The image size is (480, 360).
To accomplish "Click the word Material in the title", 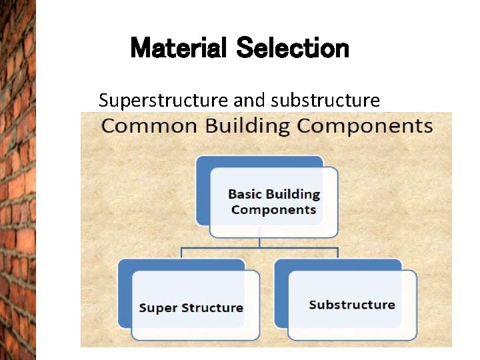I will [x=179, y=49].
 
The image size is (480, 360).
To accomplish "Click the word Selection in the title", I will [x=293, y=49].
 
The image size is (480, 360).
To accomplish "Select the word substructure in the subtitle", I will [x=326, y=101].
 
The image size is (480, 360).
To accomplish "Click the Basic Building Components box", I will [x=273, y=202].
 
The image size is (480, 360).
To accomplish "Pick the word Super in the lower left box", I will [x=157, y=308].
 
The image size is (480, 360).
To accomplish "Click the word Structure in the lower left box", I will [x=211, y=308].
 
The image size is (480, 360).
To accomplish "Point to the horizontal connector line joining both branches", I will [x=260, y=248].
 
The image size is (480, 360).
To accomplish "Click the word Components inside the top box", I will [x=273, y=210].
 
